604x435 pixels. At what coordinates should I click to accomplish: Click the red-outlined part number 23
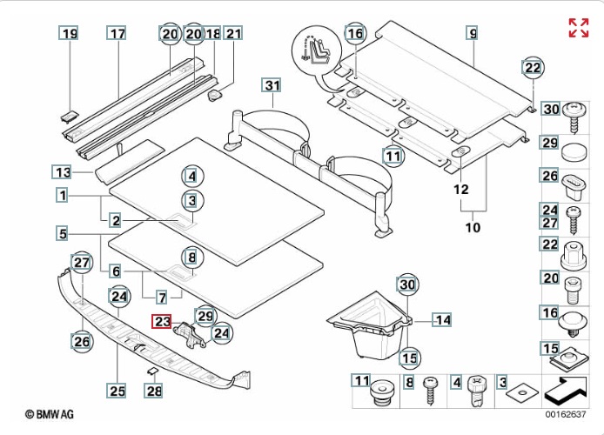[x=162, y=321]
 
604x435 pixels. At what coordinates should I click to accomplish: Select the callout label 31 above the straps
[x=272, y=85]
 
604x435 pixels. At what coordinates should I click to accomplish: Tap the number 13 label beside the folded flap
[x=62, y=171]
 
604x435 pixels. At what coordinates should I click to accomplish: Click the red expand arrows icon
[x=579, y=28]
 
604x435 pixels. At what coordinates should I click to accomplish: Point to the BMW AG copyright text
[x=49, y=414]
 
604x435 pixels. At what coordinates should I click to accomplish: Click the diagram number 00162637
[x=565, y=414]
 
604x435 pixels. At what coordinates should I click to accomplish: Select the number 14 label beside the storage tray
[x=442, y=320]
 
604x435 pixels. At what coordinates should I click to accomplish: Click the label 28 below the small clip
[x=154, y=391]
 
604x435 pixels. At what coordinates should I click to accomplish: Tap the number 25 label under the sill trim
[x=117, y=391]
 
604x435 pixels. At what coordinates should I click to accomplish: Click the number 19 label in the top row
[x=69, y=33]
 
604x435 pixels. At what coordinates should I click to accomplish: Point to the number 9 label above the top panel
[x=473, y=33]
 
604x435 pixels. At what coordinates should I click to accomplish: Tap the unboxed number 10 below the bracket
[x=473, y=227]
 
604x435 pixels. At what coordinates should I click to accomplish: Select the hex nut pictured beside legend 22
[x=574, y=255]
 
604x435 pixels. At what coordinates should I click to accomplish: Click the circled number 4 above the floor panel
[x=192, y=177]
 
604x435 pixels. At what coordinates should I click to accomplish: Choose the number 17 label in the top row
[x=117, y=33]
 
